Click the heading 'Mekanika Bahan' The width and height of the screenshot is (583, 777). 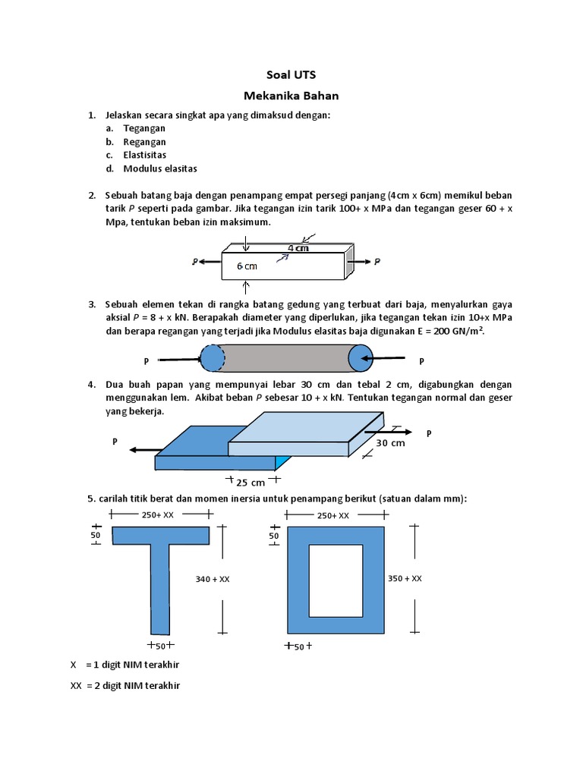coord(291,96)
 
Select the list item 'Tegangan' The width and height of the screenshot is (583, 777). coord(144,128)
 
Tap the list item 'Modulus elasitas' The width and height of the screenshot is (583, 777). coord(160,168)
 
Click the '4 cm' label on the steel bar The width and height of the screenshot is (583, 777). coord(298,248)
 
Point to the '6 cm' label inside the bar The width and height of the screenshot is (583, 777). coord(247,266)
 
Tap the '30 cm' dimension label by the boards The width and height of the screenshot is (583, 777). coord(391,443)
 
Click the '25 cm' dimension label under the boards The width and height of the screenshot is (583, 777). coord(251,483)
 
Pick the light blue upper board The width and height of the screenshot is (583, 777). coord(304,433)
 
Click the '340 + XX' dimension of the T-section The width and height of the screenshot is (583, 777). coord(213,579)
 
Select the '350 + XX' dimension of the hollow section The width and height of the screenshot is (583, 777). coord(405,578)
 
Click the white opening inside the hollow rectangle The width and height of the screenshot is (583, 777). coord(335,580)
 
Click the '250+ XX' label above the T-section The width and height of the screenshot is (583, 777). coord(158,515)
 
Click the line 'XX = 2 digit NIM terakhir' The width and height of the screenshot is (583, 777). coord(125,686)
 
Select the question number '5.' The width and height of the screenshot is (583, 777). coord(91,498)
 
